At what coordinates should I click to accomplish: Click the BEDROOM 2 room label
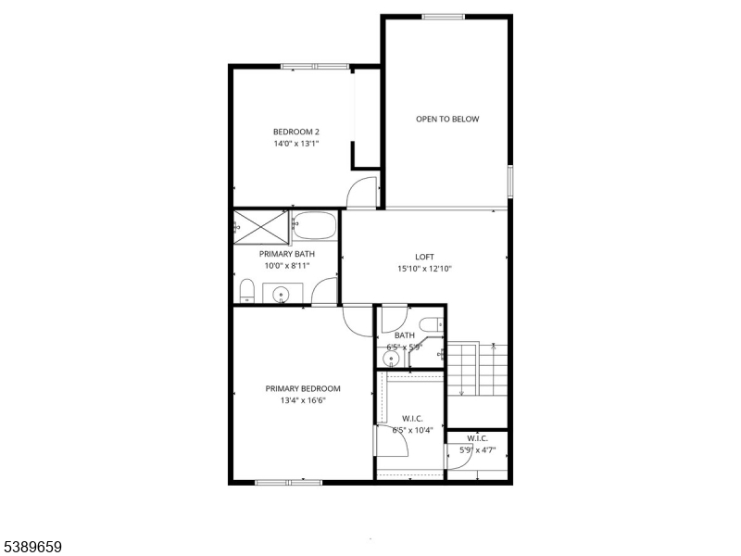(x=296, y=132)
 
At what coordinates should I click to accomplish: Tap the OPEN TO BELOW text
(x=447, y=119)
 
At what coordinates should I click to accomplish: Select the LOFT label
(x=424, y=257)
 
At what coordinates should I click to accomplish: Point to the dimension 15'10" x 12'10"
(x=424, y=269)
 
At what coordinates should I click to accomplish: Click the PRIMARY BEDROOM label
(x=303, y=388)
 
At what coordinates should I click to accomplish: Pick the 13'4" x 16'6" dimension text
(x=303, y=400)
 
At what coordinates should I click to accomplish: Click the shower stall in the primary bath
(x=261, y=226)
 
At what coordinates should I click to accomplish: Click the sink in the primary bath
(x=282, y=295)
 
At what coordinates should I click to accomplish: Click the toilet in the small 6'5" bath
(x=432, y=323)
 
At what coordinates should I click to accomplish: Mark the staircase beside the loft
(x=478, y=369)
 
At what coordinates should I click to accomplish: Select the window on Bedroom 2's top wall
(x=315, y=66)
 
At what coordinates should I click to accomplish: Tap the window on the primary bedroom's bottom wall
(x=288, y=482)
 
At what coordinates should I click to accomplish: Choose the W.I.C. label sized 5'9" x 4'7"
(x=478, y=438)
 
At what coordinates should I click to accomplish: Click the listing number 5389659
(x=31, y=548)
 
